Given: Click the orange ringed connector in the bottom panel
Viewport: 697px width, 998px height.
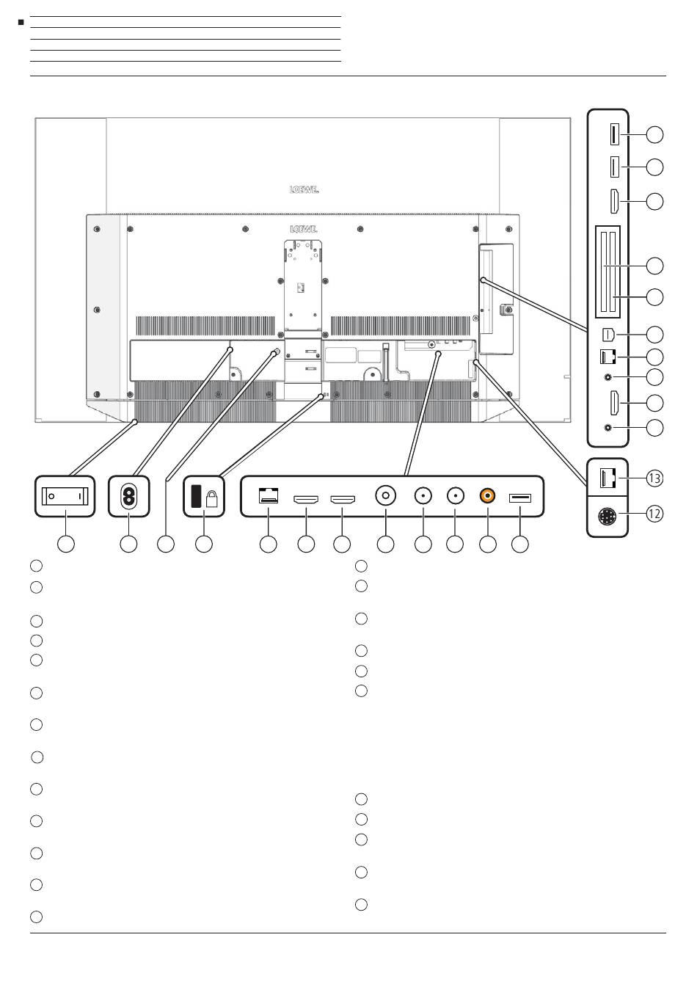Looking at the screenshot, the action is click(488, 495).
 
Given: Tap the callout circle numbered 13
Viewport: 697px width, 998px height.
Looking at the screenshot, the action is click(654, 478).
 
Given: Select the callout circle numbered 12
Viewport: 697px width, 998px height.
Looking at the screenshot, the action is click(654, 514).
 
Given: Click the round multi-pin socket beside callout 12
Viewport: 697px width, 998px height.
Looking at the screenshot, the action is click(607, 517).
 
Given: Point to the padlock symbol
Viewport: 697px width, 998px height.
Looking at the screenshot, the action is click(211, 498).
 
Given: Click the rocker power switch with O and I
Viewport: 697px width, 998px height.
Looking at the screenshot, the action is click(65, 496).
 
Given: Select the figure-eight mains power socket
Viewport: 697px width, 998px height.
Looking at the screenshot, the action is click(129, 496).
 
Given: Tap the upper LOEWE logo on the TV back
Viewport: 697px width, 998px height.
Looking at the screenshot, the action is click(304, 189).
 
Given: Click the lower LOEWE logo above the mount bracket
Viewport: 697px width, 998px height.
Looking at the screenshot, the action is click(303, 229).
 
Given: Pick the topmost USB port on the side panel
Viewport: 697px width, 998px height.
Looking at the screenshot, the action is click(615, 134).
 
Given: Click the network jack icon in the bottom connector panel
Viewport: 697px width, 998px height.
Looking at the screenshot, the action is click(268, 495).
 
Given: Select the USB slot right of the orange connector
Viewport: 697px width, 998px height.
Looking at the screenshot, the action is click(519, 498).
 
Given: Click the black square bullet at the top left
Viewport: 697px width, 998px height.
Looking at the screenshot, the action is click(21, 22).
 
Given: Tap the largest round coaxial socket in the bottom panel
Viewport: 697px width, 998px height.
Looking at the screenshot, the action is click(385, 495).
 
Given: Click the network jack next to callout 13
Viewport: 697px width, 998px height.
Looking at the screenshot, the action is click(607, 478).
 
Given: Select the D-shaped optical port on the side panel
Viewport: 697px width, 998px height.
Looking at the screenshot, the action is click(608, 334).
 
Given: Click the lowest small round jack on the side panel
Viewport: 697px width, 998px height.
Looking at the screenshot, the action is click(608, 428).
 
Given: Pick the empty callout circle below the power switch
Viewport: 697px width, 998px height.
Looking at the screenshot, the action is click(66, 544).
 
